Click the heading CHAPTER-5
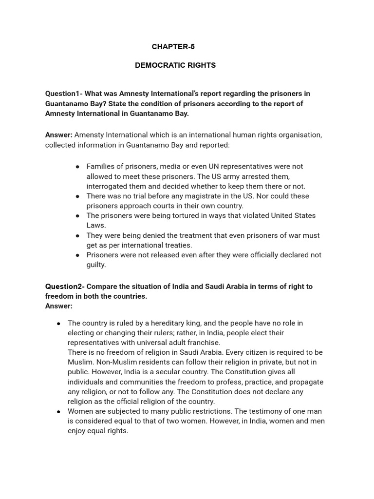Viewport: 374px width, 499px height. click(x=173, y=47)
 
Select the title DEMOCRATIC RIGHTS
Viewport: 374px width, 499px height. click(x=175, y=65)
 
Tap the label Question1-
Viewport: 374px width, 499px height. click(x=64, y=94)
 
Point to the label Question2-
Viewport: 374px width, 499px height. click(x=65, y=287)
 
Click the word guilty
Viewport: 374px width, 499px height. click(x=96, y=265)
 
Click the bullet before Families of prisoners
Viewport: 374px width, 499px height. click(x=77, y=167)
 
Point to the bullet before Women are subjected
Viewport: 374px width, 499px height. click(x=58, y=411)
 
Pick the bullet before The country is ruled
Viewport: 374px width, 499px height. click(x=58, y=323)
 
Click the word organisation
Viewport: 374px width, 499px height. click(x=300, y=135)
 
